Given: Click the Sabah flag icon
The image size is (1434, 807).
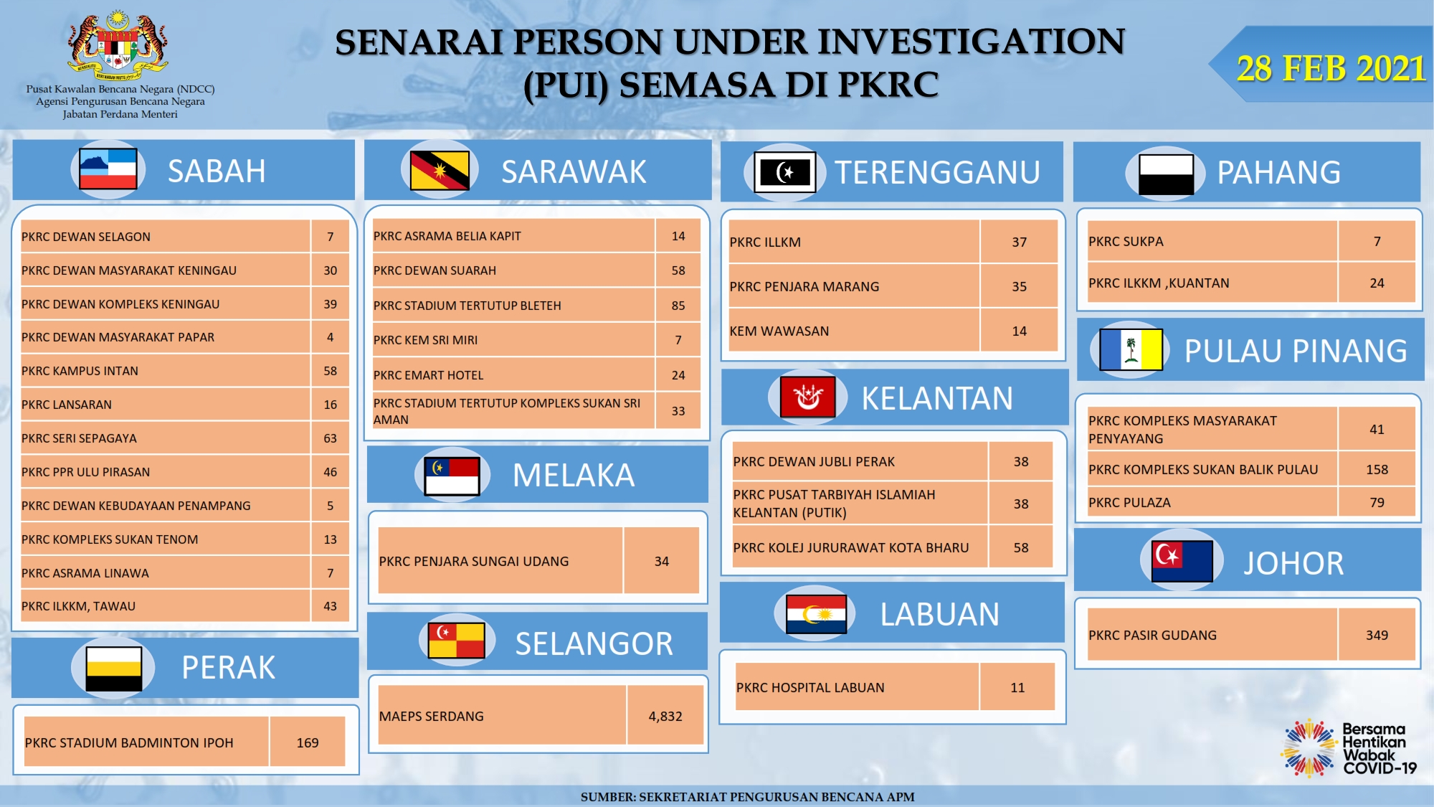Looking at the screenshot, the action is (108, 169).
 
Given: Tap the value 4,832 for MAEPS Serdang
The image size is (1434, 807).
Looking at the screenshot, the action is (665, 716).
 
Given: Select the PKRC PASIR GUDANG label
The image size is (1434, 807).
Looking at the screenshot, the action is (1152, 635).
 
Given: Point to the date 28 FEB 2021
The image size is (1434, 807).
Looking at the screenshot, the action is (1331, 68).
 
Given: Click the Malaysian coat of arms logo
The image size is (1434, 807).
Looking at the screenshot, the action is (119, 45).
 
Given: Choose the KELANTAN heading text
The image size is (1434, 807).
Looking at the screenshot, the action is (937, 398).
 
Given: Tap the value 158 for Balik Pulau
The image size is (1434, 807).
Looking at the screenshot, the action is (1377, 469).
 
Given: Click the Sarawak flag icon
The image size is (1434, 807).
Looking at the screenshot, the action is (440, 170).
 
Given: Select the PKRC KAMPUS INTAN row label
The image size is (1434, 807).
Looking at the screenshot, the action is (80, 371).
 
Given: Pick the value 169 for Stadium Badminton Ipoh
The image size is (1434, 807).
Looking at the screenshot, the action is (308, 742).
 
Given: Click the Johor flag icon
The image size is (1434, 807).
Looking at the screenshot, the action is (1182, 561).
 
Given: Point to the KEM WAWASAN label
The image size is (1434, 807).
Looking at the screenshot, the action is (779, 331).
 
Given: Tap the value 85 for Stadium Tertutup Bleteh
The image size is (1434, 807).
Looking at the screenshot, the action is (678, 306).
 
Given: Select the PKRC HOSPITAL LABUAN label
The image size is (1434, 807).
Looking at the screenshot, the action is (810, 687).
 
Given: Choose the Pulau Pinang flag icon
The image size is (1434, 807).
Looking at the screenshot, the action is (1131, 349).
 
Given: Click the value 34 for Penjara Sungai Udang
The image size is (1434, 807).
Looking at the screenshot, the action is (662, 561).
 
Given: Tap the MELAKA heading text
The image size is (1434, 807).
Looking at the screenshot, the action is (574, 475).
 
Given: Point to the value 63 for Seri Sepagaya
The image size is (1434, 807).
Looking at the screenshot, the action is (330, 438).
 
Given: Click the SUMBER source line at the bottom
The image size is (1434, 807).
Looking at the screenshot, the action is (747, 796).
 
